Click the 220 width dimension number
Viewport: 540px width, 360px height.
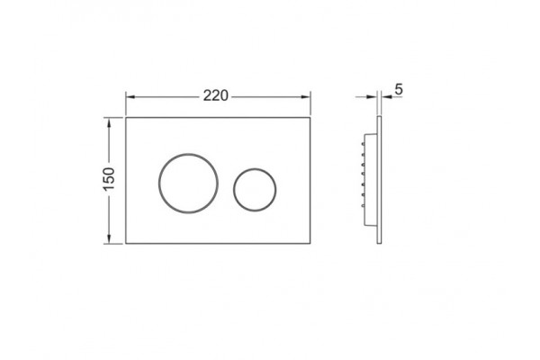[216, 95]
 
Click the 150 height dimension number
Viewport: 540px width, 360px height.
[109, 179]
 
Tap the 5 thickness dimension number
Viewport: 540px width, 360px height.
[399, 90]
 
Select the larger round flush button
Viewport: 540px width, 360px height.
[158, 184]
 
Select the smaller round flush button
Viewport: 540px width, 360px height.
[233, 189]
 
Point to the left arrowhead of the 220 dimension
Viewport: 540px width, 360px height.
[130, 97]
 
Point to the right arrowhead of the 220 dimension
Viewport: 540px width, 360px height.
[306, 97]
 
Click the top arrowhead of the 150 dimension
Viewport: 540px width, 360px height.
[109, 122]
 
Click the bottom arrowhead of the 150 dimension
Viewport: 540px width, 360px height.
[109, 239]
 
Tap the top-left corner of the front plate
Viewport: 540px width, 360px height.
[126, 118]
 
